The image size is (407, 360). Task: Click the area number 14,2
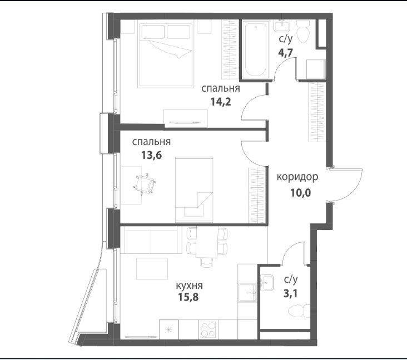221,102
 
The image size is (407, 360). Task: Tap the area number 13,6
151,155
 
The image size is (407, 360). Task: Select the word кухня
189,286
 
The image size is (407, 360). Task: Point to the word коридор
297,177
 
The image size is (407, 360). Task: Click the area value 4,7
286,53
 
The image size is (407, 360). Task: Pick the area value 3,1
290,294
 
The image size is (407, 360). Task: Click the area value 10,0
300,193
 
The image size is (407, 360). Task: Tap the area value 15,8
188,297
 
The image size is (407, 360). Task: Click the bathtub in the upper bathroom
255,49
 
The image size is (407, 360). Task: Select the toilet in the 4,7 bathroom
303,32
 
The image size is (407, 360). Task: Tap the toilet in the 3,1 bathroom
299,311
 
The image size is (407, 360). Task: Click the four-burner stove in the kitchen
208,329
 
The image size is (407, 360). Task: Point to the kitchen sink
247,292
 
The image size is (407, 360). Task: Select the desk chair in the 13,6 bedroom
145,184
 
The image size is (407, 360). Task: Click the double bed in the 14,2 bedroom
166,55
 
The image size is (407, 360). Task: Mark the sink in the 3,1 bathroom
266,282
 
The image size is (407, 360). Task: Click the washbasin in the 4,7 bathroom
281,26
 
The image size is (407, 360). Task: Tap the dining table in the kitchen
207,242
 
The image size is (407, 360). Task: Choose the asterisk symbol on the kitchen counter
168,330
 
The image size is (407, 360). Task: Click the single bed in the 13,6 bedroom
194,189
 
